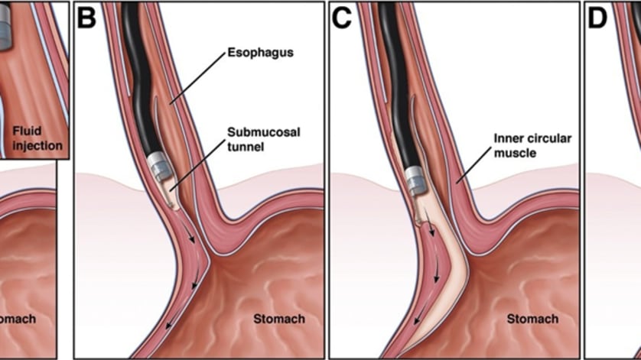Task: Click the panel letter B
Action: click(x=86, y=17)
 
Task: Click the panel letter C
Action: click(x=340, y=17)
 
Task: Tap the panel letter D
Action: click(x=598, y=17)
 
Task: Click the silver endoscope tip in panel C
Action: click(x=415, y=180)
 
